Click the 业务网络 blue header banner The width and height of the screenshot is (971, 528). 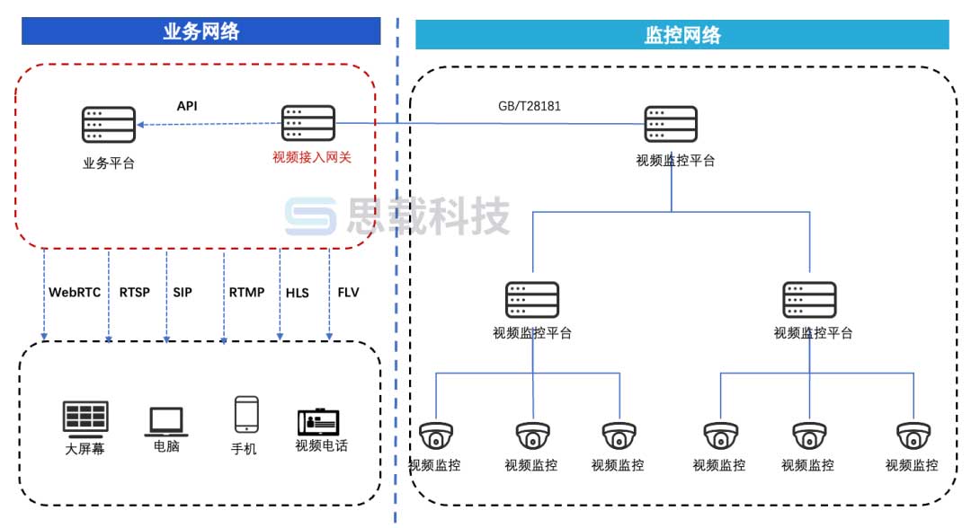201,31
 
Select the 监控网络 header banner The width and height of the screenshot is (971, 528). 681,35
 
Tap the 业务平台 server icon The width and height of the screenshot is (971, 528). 109,125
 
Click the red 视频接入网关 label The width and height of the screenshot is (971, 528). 311,157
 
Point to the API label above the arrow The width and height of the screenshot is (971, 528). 187,106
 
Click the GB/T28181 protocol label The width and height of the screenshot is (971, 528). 530,106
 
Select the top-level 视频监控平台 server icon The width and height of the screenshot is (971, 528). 671,124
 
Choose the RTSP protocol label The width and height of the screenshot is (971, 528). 135,292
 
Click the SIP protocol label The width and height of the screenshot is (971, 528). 183,292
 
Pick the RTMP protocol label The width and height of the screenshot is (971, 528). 246,292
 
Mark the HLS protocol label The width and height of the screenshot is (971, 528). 298,293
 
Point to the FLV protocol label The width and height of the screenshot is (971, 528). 348,292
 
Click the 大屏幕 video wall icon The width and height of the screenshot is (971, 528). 85,418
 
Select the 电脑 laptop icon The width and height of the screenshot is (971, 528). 166,421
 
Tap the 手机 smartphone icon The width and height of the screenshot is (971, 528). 245,416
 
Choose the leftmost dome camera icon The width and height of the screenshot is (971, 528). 437,437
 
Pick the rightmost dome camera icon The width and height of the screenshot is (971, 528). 913,437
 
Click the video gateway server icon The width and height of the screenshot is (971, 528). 308,124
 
